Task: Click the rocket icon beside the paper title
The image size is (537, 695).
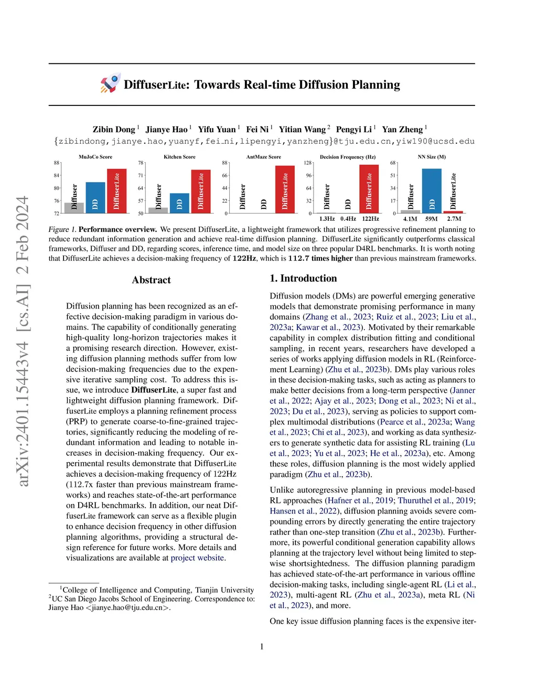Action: [x=111, y=83]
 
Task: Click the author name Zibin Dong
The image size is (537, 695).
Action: [x=114, y=130]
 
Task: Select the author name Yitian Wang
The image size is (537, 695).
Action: [x=302, y=130]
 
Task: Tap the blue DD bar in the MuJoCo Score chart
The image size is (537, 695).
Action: [x=95, y=197]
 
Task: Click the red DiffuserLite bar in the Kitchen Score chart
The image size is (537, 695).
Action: [x=201, y=191]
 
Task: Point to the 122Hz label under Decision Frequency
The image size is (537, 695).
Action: [x=370, y=219]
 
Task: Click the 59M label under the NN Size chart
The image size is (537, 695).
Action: [x=431, y=219]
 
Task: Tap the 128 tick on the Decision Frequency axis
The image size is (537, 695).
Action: [x=308, y=163]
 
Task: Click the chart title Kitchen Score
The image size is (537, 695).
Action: [x=179, y=157]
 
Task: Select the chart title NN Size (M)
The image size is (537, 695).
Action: [x=432, y=157]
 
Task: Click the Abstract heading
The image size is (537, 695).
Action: [x=151, y=280]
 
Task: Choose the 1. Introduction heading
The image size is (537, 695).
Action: [x=303, y=279]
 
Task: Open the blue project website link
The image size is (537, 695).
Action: [x=197, y=558]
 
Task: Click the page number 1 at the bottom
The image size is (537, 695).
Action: [x=262, y=647]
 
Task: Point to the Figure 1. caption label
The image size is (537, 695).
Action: [x=62, y=230]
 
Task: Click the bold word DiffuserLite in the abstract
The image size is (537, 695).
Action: [x=154, y=390]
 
